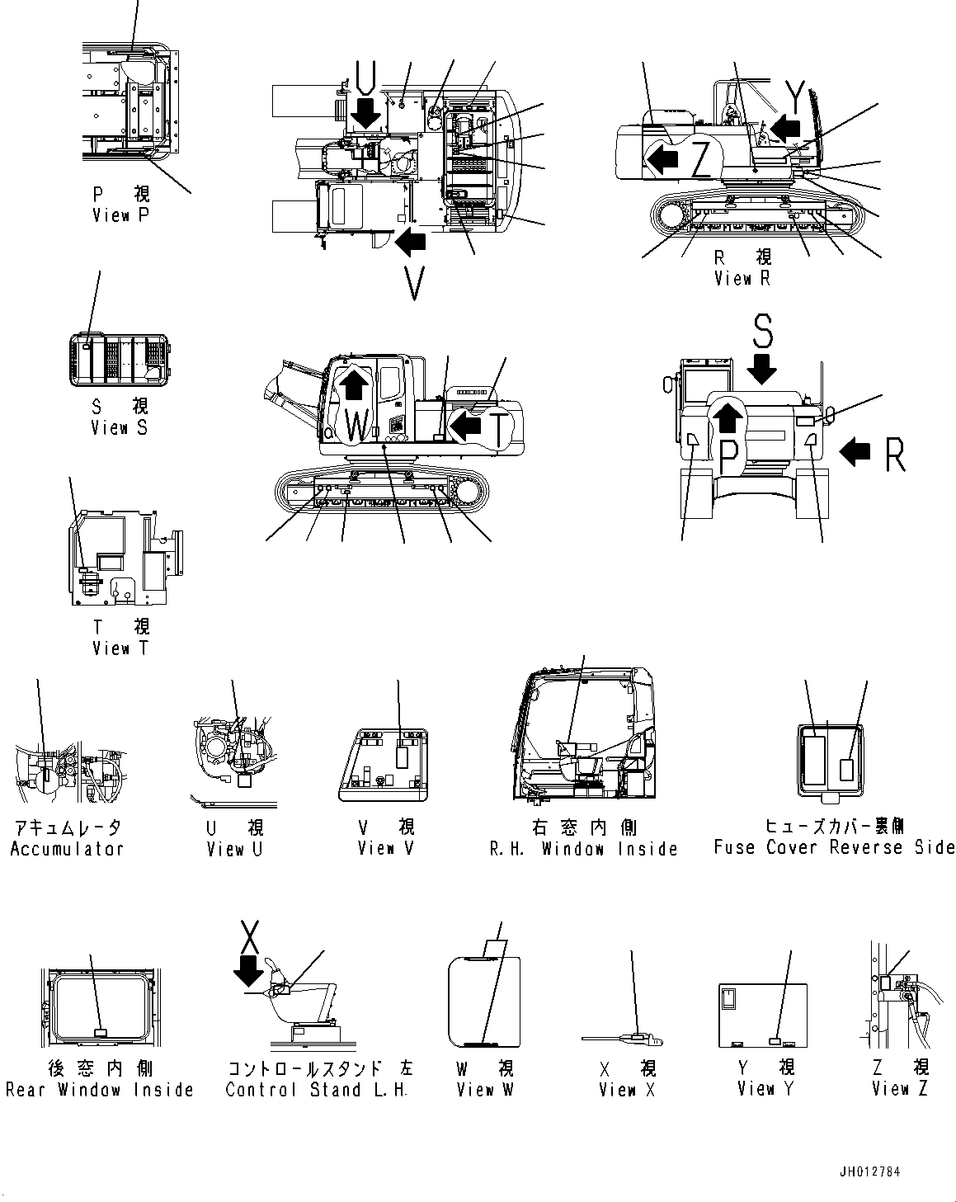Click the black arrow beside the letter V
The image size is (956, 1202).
pyautogui.click(x=410, y=241)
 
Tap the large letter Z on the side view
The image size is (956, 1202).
pyautogui.click(x=701, y=159)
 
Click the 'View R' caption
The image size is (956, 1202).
pyautogui.click(x=742, y=278)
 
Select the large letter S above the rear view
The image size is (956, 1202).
pyautogui.click(x=763, y=330)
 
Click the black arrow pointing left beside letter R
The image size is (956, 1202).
pyautogui.click(x=855, y=450)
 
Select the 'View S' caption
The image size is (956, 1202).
pyautogui.click(x=120, y=427)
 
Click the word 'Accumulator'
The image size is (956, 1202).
pyautogui.click(x=67, y=849)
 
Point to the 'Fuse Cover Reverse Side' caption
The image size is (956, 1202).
pyautogui.click(x=834, y=847)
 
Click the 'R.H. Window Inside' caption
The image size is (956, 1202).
pyautogui.click(x=583, y=849)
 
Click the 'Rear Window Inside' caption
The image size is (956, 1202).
pyautogui.click(x=99, y=1090)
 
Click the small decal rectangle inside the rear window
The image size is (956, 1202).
pyautogui.click(x=100, y=1032)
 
